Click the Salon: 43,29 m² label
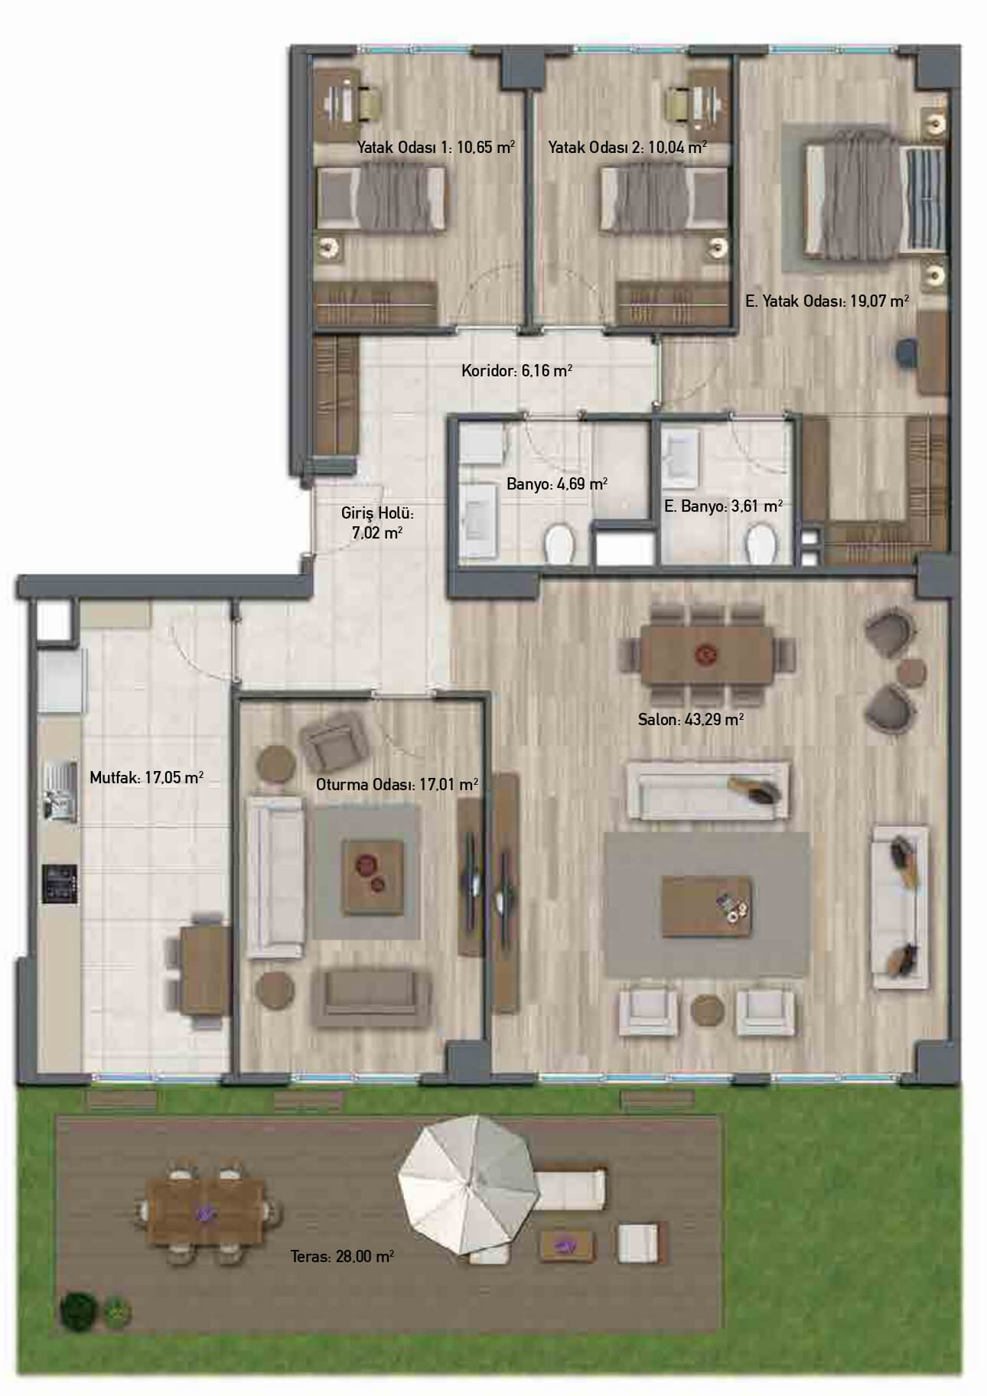[691, 720]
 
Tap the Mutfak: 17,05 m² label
[146, 778]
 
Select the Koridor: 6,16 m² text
[516, 371]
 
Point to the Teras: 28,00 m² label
[342, 1255]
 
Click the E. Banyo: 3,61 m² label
[723, 506]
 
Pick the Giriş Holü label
[377, 513]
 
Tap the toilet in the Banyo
[560, 543]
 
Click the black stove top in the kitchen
[59, 883]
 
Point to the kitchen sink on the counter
[60, 792]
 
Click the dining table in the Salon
[706, 654]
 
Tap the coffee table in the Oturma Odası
[373, 876]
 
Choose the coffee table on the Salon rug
[707, 907]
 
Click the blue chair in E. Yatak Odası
[906, 354]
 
